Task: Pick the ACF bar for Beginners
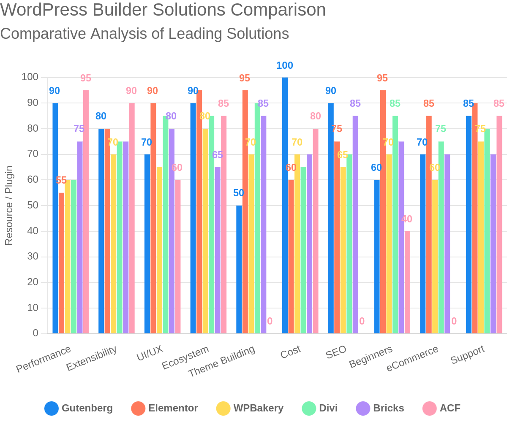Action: point(407,282)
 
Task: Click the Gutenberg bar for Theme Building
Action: point(239,270)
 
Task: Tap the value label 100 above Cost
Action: point(285,65)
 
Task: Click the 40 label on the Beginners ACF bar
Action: point(407,219)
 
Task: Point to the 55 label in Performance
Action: point(61,180)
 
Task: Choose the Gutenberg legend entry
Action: point(79,408)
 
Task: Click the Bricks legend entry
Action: point(380,408)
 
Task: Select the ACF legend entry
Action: point(442,408)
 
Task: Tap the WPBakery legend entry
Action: point(250,408)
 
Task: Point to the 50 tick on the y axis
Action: point(33,206)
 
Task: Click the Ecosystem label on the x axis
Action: point(185,357)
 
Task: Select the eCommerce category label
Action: point(412,359)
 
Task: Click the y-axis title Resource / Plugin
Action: point(9,206)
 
